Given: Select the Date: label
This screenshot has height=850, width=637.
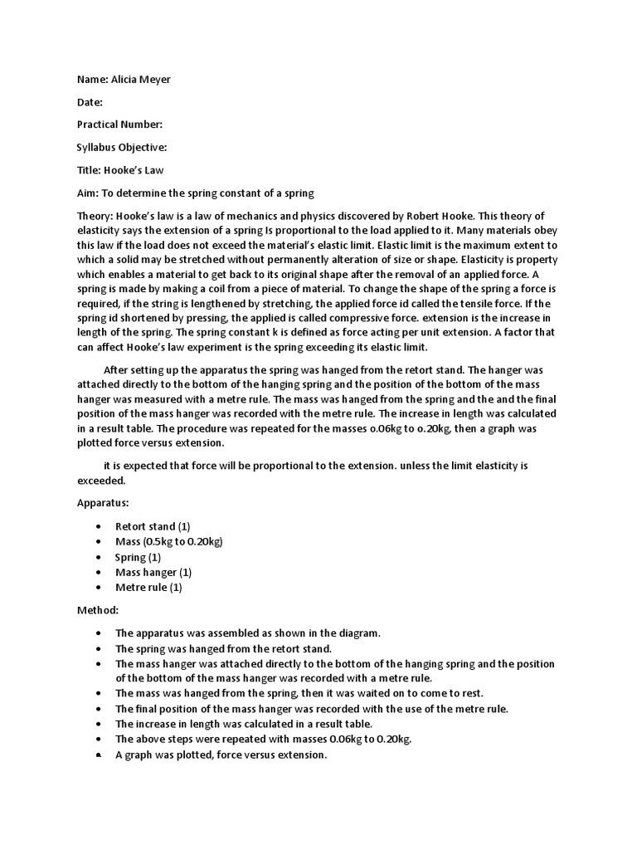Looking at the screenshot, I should pyautogui.click(x=90, y=102).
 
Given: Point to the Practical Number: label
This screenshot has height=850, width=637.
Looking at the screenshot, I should pyautogui.click(x=119, y=125).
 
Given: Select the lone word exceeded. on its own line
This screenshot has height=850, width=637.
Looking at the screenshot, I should pyautogui.click(x=101, y=480).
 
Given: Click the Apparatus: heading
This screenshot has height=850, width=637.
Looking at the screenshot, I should pyautogui.click(x=104, y=503).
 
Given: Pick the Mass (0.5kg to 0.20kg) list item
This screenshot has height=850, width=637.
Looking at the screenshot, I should pyautogui.click(x=168, y=541).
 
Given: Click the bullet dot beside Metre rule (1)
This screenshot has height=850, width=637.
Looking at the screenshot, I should pyautogui.click(x=99, y=588).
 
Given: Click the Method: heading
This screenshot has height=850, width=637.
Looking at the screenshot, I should pyautogui.click(x=99, y=610).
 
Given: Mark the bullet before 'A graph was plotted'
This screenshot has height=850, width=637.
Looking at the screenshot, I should pyautogui.click(x=99, y=755).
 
